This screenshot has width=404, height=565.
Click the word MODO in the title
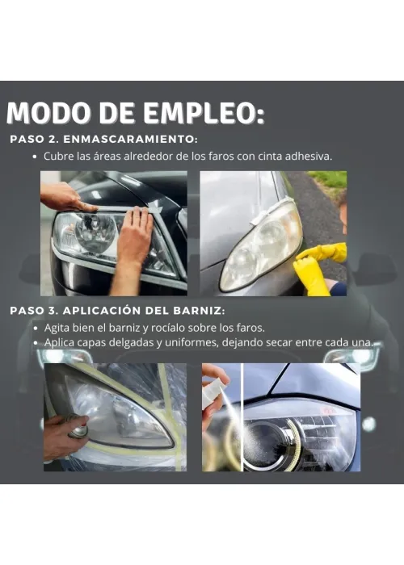tap(48, 113)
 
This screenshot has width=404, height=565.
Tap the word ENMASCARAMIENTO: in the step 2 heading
tap(131, 139)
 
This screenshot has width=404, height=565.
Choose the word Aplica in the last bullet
tap(59, 343)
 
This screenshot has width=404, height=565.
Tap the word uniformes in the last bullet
tap(191, 342)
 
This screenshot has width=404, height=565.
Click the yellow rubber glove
tap(318, 266)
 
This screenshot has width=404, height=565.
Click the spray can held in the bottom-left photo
tap(76, 427)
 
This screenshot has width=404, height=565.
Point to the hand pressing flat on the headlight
tap(135, 234)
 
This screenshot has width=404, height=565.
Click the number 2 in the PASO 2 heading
tap(51, 140)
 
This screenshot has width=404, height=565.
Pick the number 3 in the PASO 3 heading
tap(51, 311)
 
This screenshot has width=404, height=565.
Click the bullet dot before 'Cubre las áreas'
tap(35, 157)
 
